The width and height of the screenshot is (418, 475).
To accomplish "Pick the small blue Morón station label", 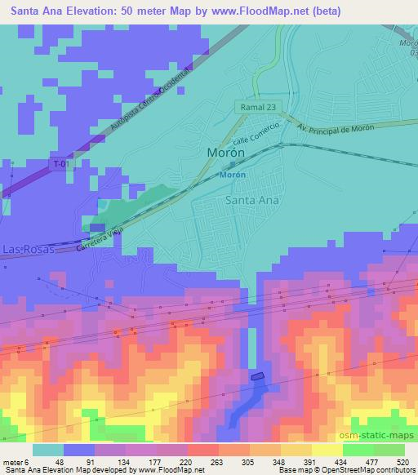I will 233,175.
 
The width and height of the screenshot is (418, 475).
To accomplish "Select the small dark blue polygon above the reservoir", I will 258,376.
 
